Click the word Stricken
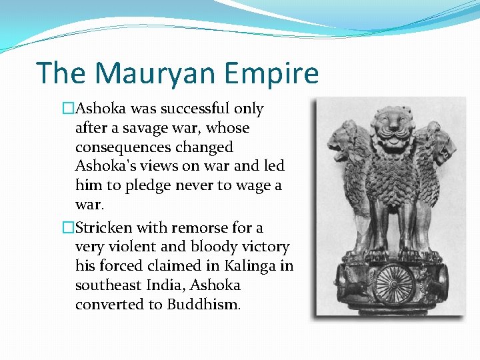click(102, 227)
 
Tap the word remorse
click(203, 227)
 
